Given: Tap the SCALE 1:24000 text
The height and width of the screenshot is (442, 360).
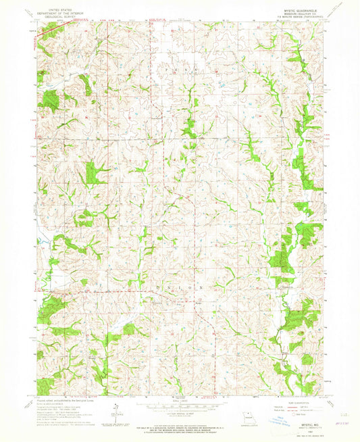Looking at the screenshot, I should click(x=180, y=402).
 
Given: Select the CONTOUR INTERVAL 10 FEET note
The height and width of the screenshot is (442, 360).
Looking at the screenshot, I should click(x=180, y=414).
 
